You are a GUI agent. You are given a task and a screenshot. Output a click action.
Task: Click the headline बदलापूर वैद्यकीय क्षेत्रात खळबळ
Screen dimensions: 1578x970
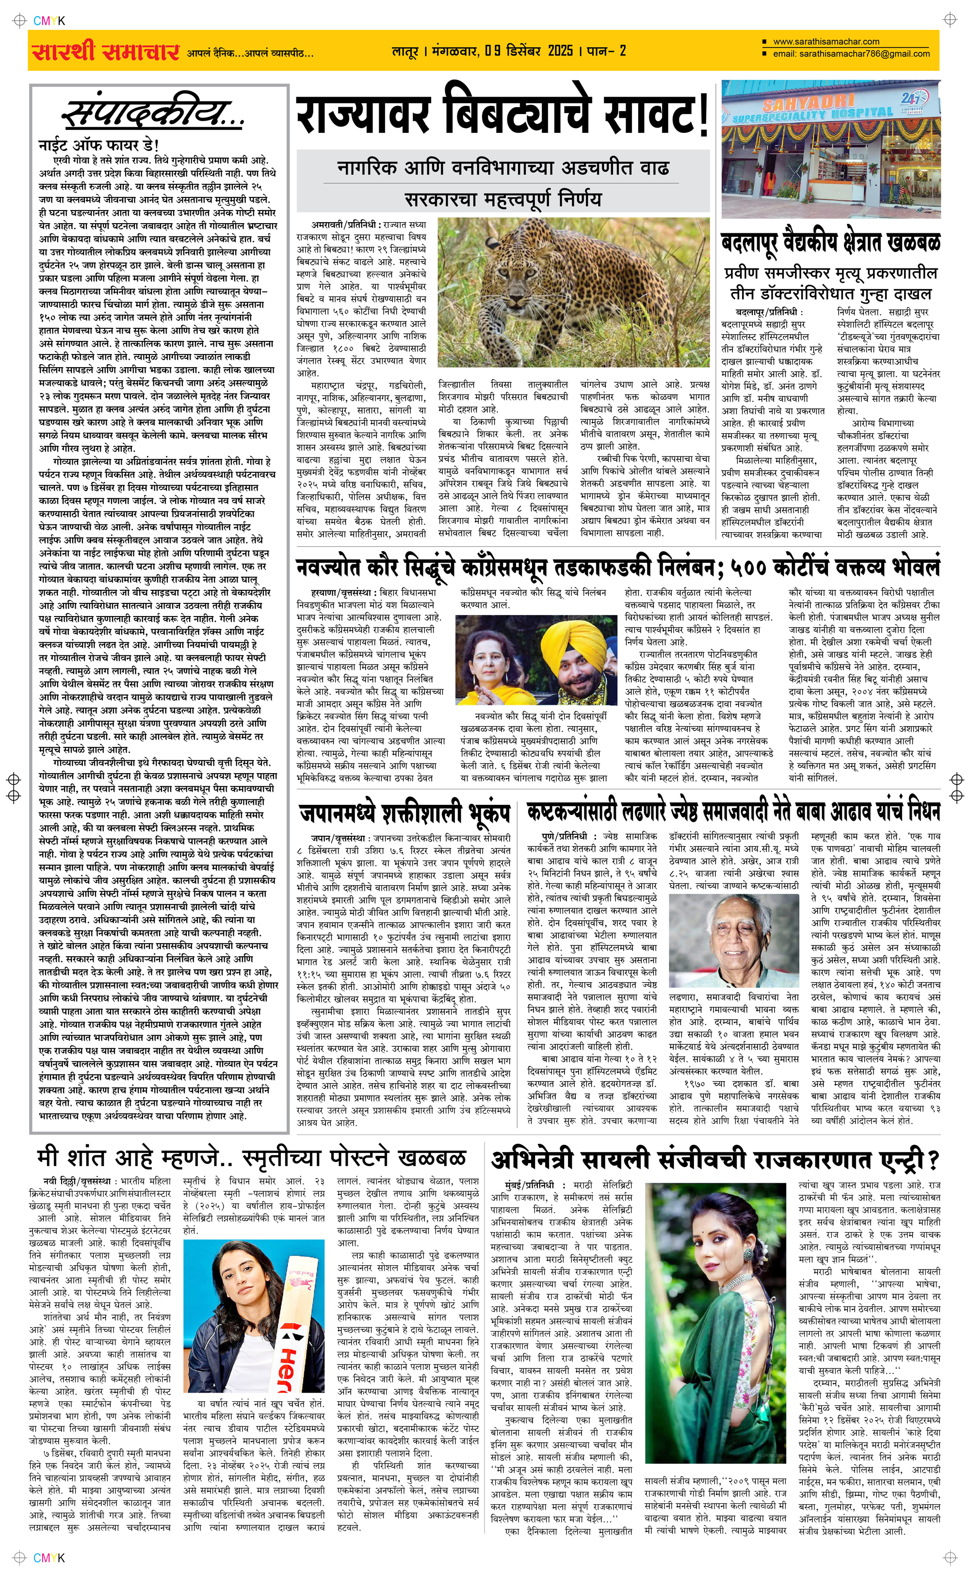[x=831, y=243]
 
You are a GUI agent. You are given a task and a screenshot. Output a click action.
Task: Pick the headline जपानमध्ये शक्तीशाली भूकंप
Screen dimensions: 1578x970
[x=405, y=813]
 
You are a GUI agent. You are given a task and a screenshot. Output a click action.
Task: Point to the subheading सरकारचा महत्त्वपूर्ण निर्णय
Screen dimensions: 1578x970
[x=503, y=199]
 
